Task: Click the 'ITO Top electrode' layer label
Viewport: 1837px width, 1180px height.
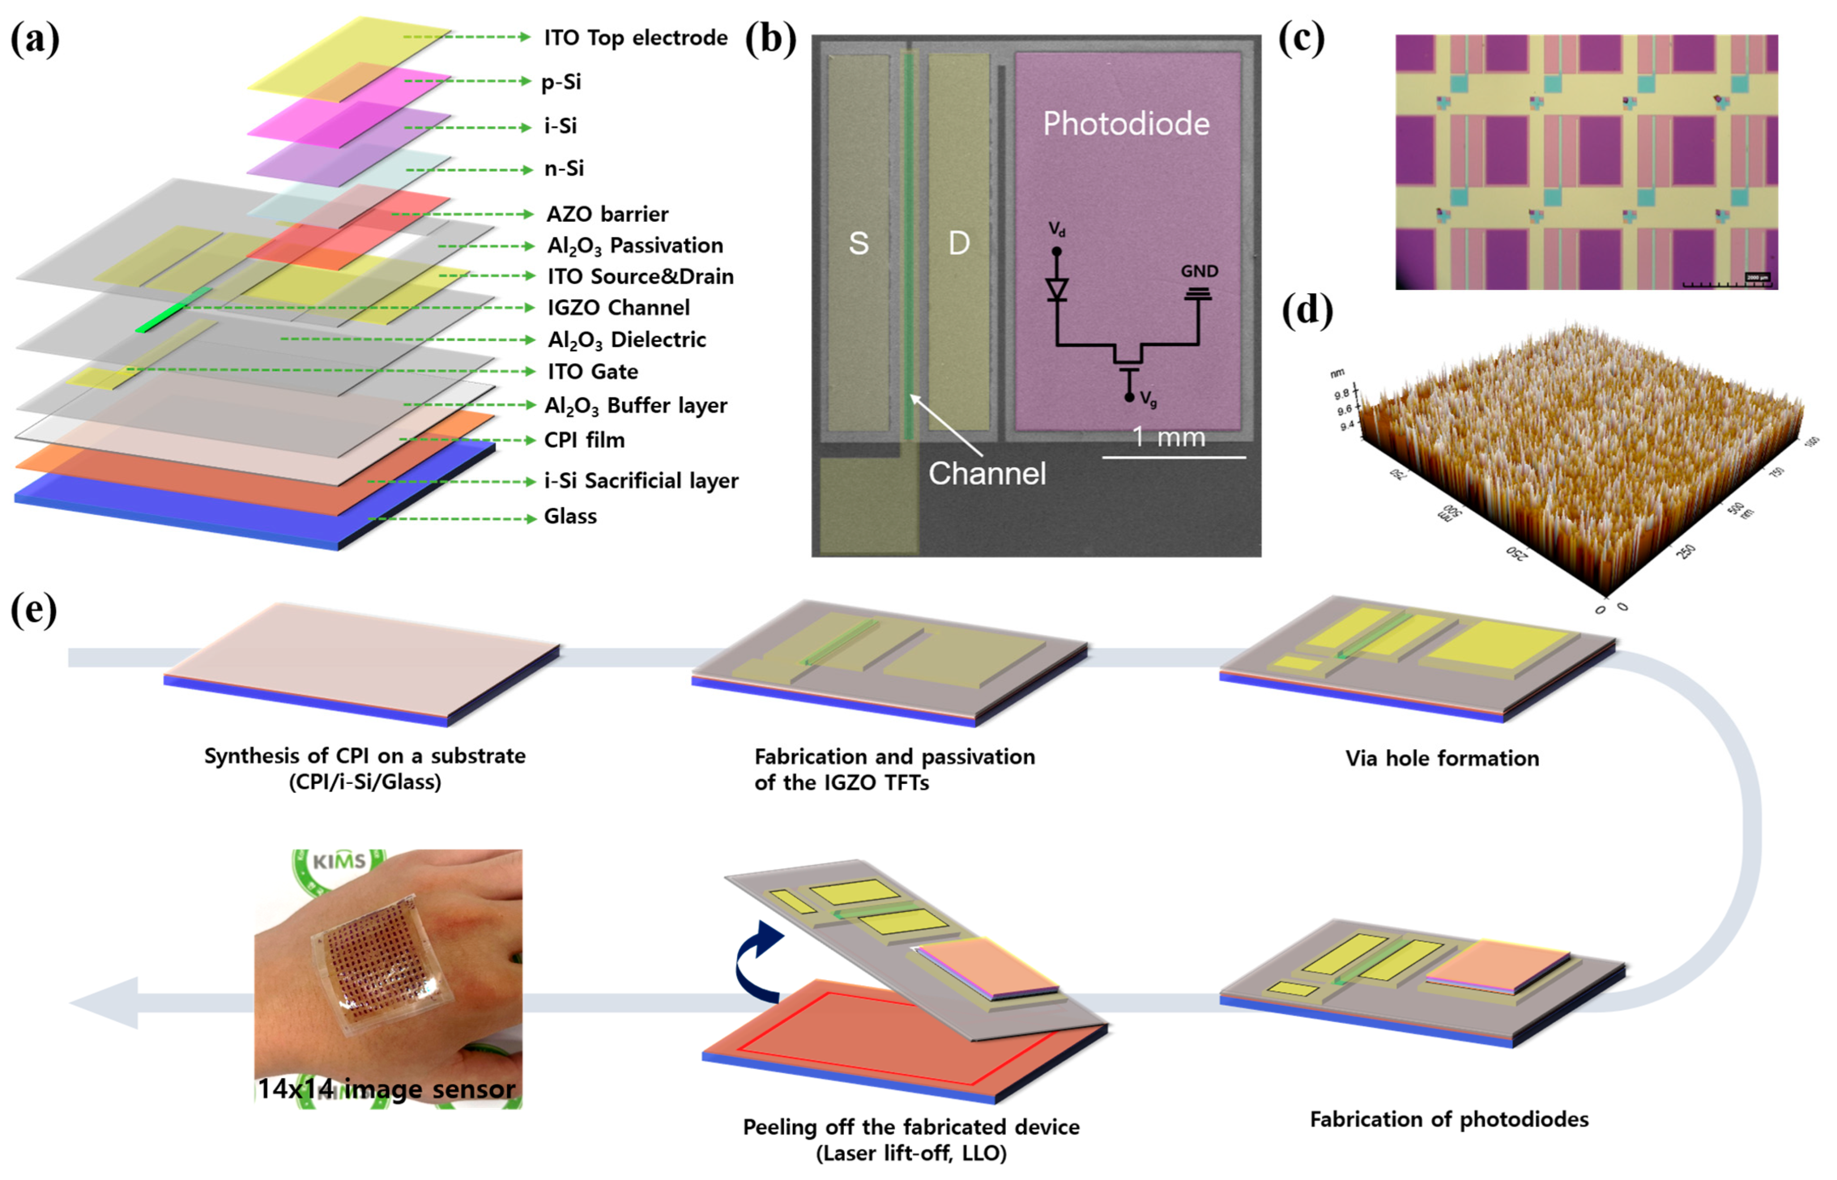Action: tap(635, 37)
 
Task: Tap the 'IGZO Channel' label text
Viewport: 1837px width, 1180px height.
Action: tap(618, 308)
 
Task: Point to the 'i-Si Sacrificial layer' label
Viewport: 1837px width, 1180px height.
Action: tap(640, 481)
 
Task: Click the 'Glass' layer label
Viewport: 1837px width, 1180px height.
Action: tap(570, 516)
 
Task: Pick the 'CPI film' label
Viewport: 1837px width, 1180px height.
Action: tap(584, 440)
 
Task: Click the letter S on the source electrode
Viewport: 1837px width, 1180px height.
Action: tap(858, 243)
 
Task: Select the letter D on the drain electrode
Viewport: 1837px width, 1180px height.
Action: tap(959, 243)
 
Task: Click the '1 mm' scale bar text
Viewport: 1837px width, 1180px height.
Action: tap(1168, 438)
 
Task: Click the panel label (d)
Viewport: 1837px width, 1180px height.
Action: tap(1307, 309)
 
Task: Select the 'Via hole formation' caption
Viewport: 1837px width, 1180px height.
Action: tap(1442, 758)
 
